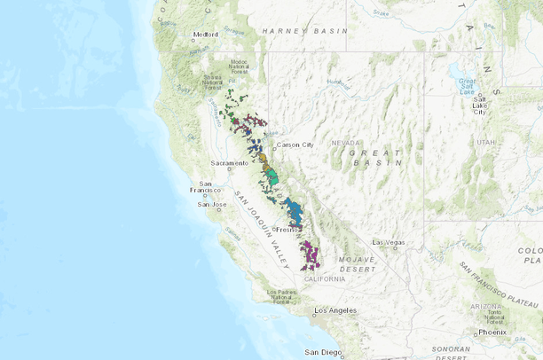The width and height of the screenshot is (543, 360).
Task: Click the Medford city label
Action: (206, 36)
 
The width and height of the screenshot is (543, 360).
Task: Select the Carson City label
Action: (295, 145)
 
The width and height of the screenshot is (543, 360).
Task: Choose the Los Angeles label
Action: (336, 310)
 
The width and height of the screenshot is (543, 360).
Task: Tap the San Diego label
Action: (323, 352)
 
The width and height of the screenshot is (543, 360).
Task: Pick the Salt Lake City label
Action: (479, 106)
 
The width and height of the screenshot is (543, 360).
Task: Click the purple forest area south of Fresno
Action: (309, 254)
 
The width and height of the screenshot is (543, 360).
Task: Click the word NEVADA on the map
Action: (346, 143)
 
